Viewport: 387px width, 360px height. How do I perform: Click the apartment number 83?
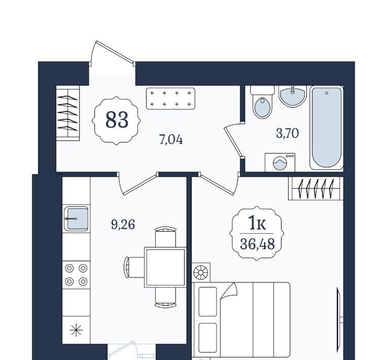(117, 120)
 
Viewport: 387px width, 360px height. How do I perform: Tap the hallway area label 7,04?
(171, 140)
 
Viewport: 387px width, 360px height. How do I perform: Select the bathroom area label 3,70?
(287, 133)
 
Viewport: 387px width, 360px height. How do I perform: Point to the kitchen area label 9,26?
(123, 225)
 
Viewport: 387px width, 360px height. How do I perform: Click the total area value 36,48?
(257, 244)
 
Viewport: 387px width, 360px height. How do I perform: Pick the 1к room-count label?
(257, 223)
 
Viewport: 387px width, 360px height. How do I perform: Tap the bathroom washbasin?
(293, 96)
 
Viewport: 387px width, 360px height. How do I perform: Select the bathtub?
(327, 128)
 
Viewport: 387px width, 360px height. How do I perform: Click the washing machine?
(280, 162)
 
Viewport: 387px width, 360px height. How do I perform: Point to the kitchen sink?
(76, 219)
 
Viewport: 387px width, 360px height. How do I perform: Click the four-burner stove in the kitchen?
(76, 275)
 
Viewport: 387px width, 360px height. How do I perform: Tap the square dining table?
(165, 267)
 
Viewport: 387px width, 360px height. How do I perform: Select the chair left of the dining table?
(134, 267)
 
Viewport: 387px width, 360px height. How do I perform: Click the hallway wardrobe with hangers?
(68, 113)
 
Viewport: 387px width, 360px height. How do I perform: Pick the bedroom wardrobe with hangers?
(316, 188)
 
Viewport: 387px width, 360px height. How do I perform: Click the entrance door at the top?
(112, 53)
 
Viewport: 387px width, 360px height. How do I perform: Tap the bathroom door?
(233, 140)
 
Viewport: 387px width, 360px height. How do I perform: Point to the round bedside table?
(201, 273)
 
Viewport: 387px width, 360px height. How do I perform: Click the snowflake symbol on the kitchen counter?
(76, 330)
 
